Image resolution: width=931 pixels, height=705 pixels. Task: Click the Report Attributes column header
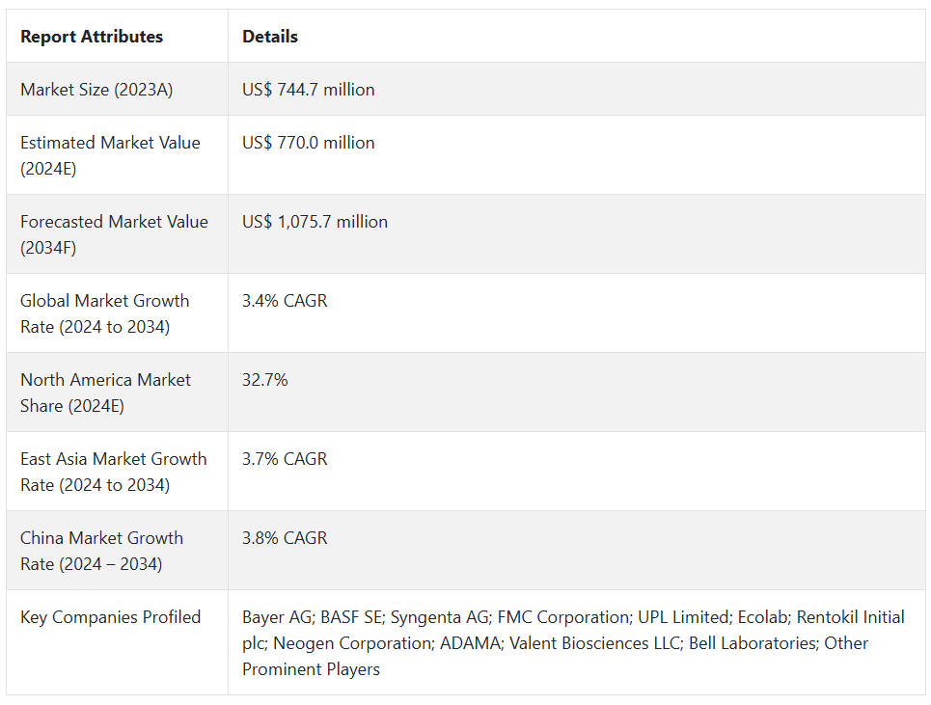92,37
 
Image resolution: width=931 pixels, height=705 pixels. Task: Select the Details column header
270,37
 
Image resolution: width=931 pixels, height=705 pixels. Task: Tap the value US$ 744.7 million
309,90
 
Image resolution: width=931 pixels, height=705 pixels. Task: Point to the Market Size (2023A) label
96,90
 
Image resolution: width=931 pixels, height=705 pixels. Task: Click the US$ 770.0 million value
309,143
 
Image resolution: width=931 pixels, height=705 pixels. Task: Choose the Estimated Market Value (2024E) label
110,154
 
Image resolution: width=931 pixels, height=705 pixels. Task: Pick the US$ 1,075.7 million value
315,222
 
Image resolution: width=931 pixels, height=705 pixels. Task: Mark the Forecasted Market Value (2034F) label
114,234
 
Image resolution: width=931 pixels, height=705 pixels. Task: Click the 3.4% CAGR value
285,301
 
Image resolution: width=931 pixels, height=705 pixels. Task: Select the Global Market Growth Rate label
104,313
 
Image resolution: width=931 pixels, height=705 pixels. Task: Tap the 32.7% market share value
265,380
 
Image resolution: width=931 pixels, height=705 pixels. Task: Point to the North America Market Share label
105,393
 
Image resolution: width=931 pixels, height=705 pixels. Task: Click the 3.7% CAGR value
285,459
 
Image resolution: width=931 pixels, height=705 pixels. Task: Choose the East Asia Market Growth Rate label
113,472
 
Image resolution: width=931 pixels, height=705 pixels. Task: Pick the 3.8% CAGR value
285,538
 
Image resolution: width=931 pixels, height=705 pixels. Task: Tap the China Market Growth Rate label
101,551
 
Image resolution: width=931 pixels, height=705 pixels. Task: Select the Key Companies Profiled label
111,617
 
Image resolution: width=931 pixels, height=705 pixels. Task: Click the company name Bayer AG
275,617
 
